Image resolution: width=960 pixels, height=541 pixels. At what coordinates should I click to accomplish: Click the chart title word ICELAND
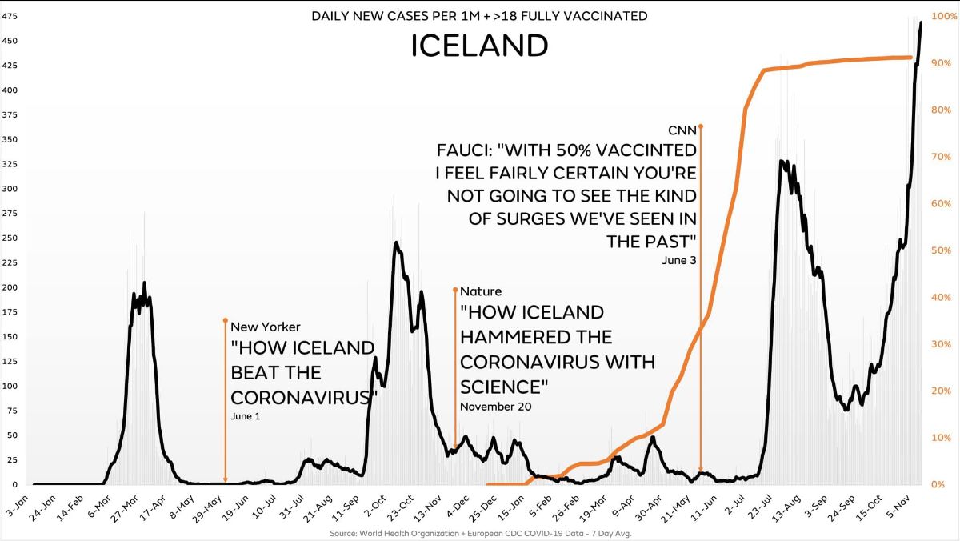[479, 46]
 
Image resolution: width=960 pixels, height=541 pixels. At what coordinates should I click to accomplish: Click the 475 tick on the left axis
[10, 16]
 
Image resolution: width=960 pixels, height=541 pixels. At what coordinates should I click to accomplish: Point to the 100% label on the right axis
[945, 16]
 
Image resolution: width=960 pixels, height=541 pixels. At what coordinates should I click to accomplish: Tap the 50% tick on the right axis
[942, 250]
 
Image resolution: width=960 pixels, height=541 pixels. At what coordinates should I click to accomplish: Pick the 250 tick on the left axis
[10, 238]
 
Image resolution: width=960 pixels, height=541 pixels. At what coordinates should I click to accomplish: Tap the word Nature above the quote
[481, 291]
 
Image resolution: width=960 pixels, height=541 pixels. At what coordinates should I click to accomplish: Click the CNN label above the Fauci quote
[682, 130]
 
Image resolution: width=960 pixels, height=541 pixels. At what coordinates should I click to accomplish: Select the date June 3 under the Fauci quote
[679, 260]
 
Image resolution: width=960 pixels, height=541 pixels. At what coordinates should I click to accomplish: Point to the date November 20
[496, 407]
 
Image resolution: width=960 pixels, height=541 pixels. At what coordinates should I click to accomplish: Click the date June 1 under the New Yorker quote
[246, 416]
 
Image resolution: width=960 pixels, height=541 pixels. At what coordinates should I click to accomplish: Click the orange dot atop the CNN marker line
[701, 126]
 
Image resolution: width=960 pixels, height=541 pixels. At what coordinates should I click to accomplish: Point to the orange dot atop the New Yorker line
[226, 320]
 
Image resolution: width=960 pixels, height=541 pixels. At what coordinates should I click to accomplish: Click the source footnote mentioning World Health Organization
[480, 533]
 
